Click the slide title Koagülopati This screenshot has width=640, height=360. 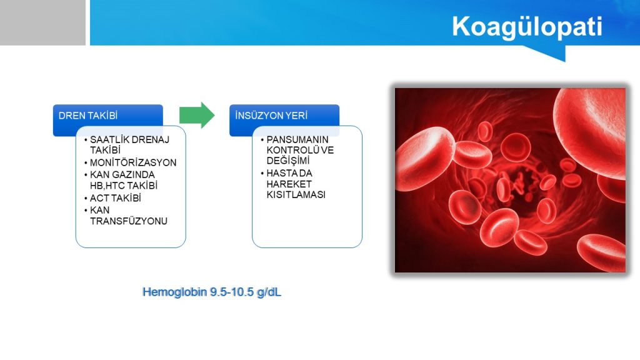tap(527, 27)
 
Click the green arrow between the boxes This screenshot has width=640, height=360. tap(197, 116)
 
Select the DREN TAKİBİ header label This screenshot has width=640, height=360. tap(88, 116)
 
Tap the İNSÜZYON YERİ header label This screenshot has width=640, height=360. tap(271, 116)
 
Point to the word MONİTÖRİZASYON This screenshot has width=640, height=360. tap(133, 162)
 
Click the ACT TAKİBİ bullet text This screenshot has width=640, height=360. tap(116, 198)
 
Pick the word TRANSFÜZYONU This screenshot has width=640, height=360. tap(129, 221)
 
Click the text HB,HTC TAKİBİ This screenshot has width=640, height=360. tap(124, 186)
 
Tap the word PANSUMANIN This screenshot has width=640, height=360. tap(297, 139)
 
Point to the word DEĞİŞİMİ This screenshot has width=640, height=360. tap(288, 161)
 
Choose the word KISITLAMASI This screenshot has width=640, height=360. tap(296, 195)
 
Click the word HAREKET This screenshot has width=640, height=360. tap(289, 184)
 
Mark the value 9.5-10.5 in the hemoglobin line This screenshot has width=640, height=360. tap(232, 292)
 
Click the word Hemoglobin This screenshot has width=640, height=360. tap(175, 292)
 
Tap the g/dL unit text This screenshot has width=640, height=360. tap(269, 292)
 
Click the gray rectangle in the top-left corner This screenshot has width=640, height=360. tap(43, 22)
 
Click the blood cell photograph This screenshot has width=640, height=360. tap(510, 180)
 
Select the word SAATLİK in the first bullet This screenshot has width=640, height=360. tap(109, 139)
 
